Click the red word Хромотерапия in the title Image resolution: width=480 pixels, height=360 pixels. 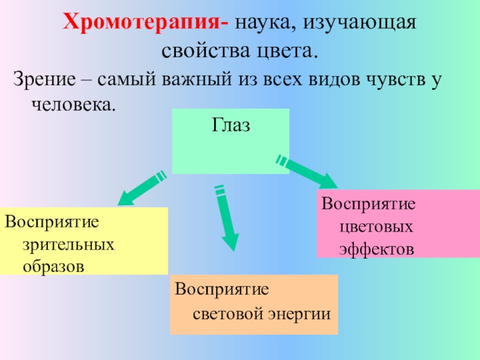click(144, 25)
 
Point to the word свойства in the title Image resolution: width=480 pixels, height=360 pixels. click(197, 50)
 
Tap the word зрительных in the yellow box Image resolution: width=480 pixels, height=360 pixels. click(69, 245)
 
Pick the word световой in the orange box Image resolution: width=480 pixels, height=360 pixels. click(224, 313)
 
